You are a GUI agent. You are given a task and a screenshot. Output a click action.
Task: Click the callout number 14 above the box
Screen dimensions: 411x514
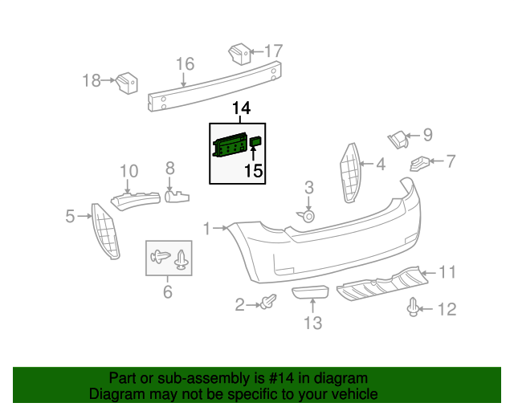(242, 108)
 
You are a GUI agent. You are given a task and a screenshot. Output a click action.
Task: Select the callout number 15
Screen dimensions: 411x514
(253, 170)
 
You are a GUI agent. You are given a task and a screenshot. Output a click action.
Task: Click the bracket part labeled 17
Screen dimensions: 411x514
(238, 54)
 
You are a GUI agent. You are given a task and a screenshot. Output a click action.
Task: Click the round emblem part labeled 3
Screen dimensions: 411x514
(307, 215)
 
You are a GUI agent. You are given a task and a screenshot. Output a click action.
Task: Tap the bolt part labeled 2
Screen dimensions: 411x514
(268, 303)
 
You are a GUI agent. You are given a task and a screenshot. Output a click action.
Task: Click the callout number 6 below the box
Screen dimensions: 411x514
(168, 292)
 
